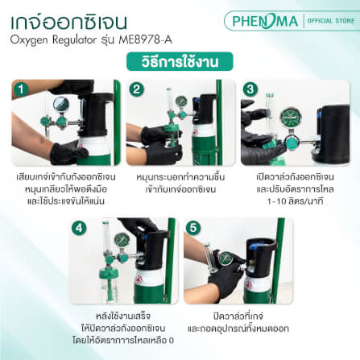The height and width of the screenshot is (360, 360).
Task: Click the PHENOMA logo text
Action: click(x=264, y=20)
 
